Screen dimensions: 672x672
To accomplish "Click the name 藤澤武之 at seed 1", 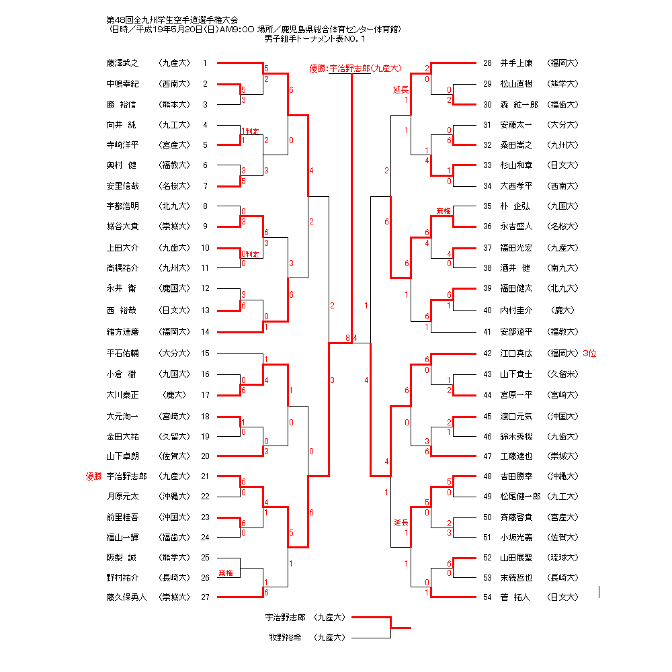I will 122,63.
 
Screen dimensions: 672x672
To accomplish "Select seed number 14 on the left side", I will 205,331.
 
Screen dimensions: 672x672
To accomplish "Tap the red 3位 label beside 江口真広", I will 589,353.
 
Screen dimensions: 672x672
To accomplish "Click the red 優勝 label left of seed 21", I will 93,476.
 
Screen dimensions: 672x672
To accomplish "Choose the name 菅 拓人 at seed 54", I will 515,597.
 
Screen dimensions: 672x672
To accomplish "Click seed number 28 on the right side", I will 487,63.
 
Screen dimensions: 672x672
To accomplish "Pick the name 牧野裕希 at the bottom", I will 287,637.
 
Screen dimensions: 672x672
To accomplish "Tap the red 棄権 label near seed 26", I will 226,573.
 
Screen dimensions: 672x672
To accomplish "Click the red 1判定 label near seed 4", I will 250,131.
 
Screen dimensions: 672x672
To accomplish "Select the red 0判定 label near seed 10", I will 250,255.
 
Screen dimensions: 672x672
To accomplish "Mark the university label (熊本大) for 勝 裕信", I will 174,105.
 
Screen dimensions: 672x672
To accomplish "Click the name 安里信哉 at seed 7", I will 122,186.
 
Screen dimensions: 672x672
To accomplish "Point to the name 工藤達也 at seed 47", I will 516,456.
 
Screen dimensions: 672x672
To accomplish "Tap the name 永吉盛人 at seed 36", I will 516,226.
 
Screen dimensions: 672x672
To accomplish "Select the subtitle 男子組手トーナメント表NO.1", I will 315,38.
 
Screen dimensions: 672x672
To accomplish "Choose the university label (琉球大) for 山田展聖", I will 562,557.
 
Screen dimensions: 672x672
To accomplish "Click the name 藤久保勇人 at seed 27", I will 126,597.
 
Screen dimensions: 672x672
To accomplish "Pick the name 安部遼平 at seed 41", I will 516,331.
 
